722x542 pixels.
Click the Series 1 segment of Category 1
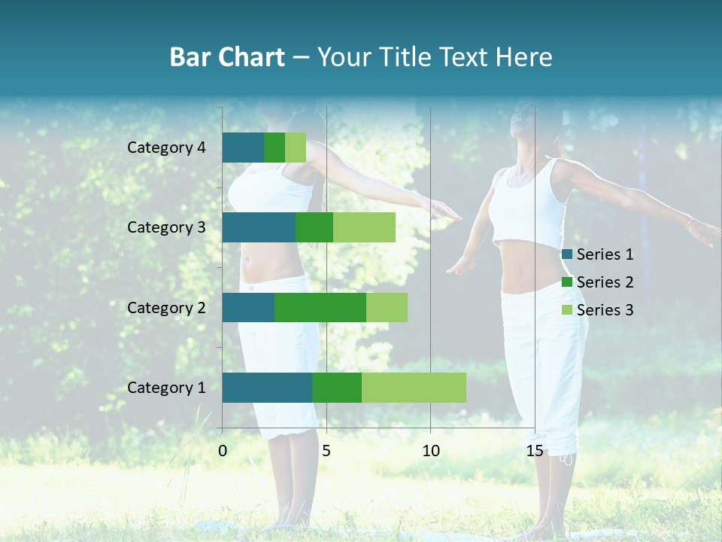click(266, 388)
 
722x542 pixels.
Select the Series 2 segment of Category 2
click(320, 307)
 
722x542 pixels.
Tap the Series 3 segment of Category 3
click(364, 227)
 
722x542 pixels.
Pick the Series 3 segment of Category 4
click(296, 148)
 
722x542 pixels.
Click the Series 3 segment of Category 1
click(414, 388)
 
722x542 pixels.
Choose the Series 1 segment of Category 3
click(258, 227)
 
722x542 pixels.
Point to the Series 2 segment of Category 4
click(275, 148)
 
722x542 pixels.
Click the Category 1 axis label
click(166, 388)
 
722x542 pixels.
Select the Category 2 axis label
click(166, 307)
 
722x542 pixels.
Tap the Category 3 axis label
click(166, 227)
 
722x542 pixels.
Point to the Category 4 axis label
click(166, 148)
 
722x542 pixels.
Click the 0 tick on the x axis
click(223, 451)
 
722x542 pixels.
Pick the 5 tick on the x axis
click(326, 451)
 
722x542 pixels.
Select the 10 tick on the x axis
click(430, 451)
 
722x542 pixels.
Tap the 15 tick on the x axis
click(535, 451)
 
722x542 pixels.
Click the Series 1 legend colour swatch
click(566, 254)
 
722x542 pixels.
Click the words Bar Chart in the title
click(227, 57)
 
